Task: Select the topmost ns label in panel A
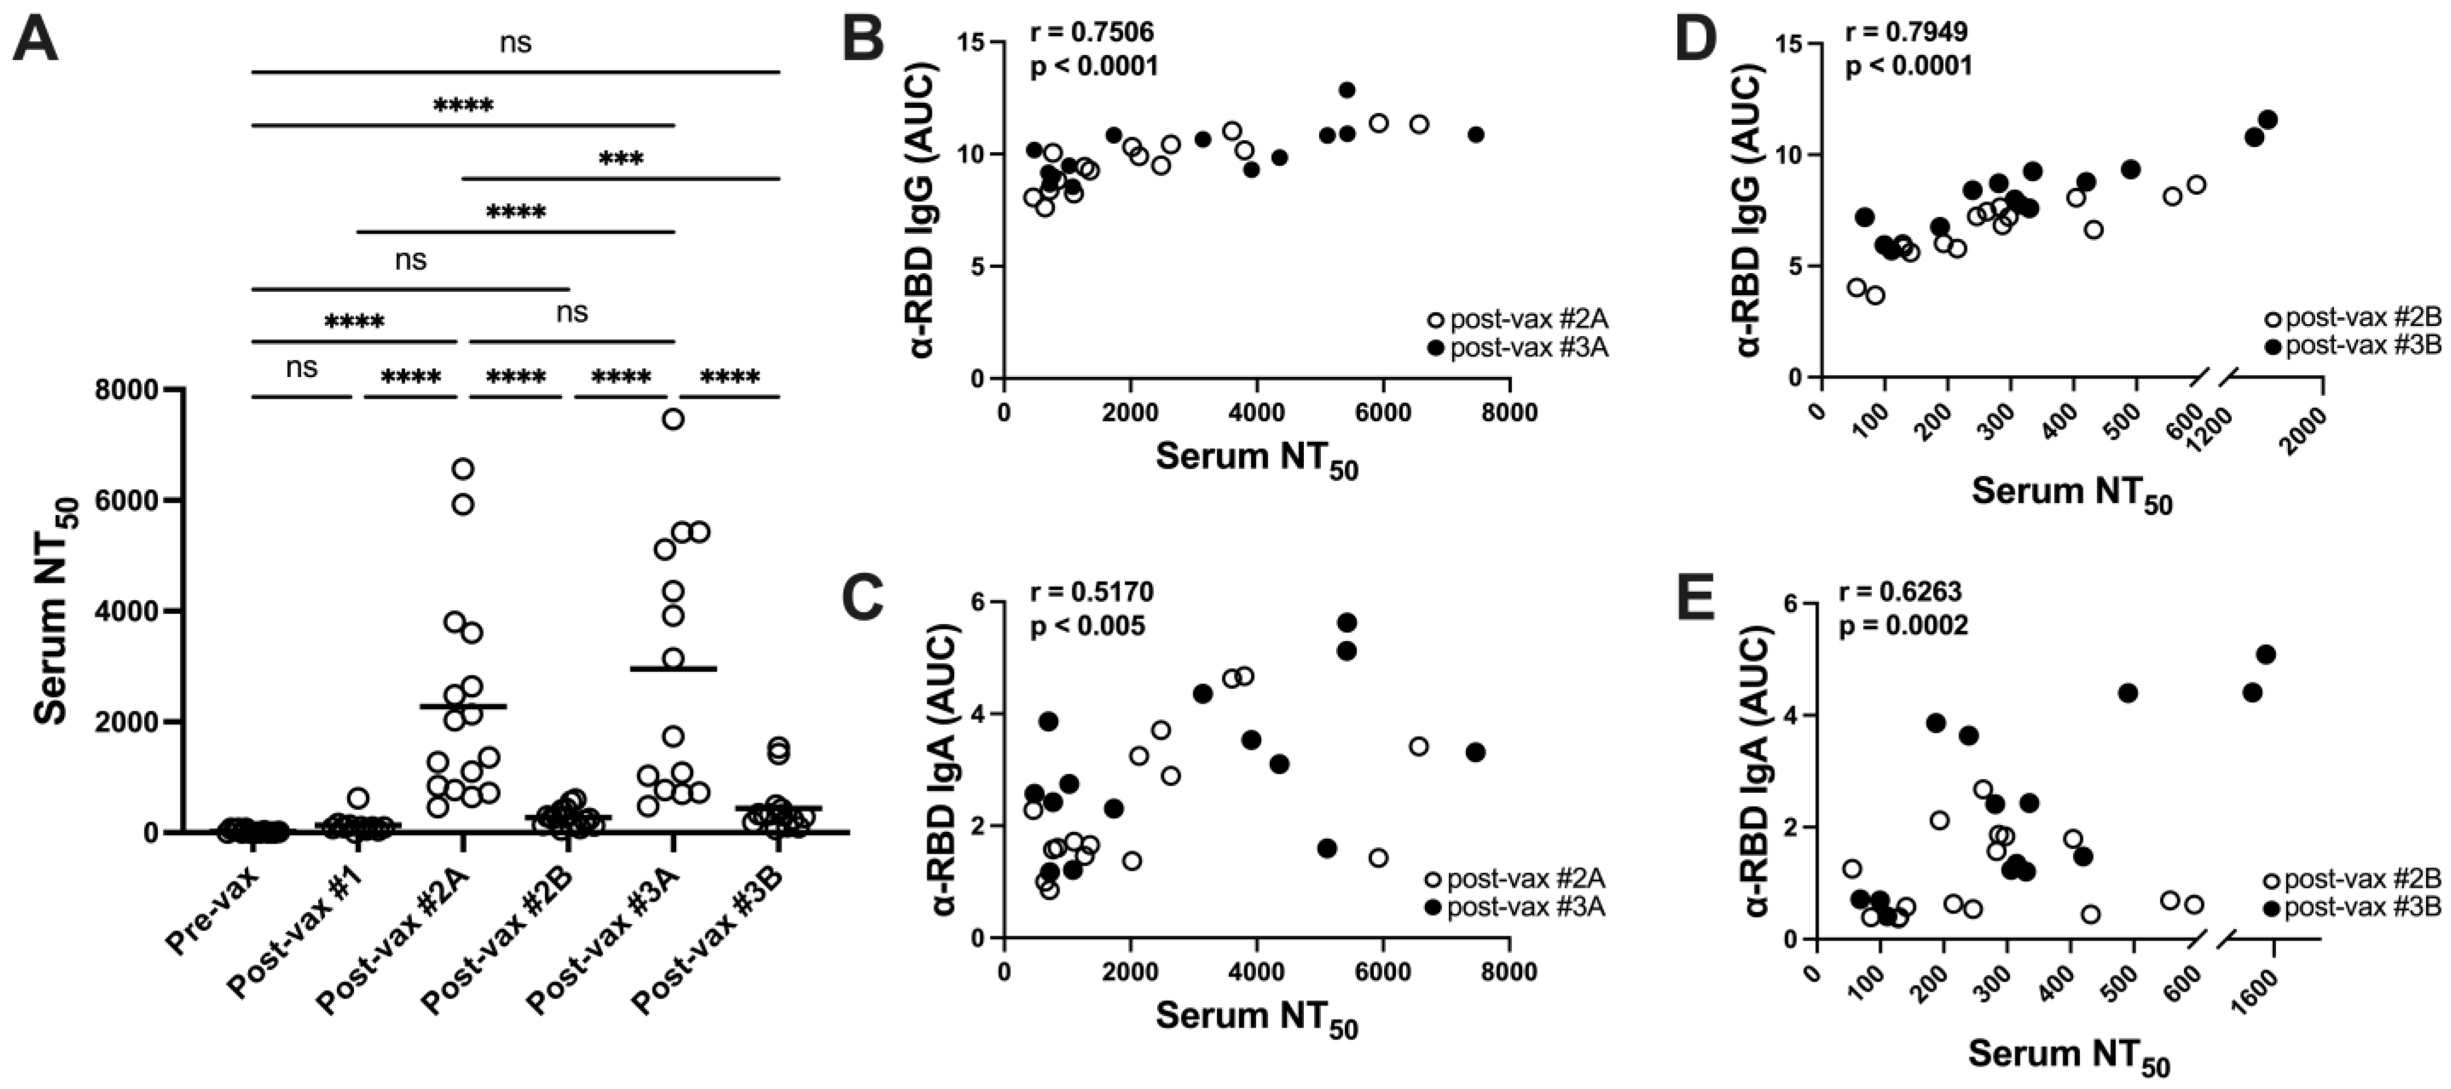point(516,43)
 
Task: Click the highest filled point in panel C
point(1347,622)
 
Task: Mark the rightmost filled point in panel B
point(1475,134)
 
